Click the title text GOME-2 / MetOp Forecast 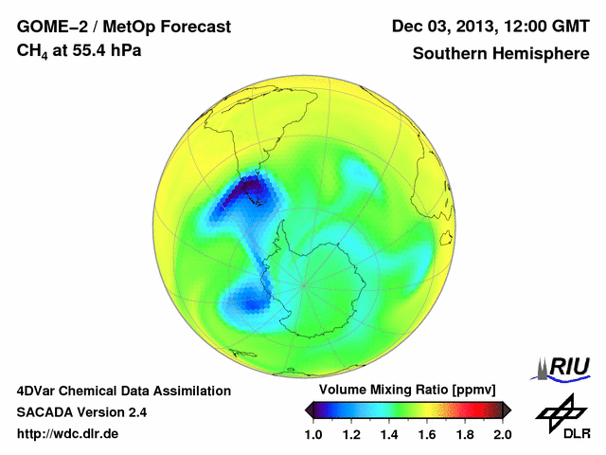pos(123,27)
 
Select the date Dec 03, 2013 pos(442,27)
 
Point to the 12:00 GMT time pos(543,27)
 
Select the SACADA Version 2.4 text pos(81,412)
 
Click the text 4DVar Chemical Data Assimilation pos(123,391)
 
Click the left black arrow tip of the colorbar pos(310,409)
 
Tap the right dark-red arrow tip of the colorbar pos(508,409)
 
